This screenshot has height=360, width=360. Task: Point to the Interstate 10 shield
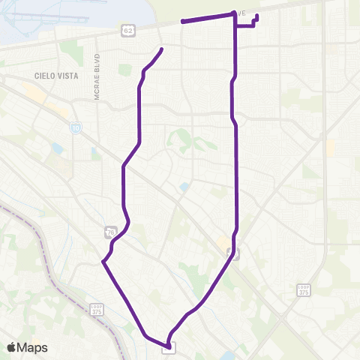[x=76, y=128]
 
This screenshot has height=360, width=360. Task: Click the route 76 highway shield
[x=109, y=232]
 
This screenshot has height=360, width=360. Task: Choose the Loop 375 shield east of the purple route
[x=304, y=289]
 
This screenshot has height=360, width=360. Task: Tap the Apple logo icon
[x=13, y=347]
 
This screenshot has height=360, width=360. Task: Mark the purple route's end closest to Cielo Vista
[x=161, y=49]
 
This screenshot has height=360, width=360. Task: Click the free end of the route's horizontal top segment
[x=183, y=22]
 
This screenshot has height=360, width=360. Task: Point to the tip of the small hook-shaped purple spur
[x=257, y=16]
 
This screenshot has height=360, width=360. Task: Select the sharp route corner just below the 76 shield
[x=103, y=262]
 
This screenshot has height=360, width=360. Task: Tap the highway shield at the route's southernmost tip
[x=169, y=346]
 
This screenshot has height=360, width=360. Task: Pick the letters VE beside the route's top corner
[x=240, y=13]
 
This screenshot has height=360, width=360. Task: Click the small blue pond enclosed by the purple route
[x=184, y=186]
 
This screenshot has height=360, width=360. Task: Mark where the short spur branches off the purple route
[x=236, y=26]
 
